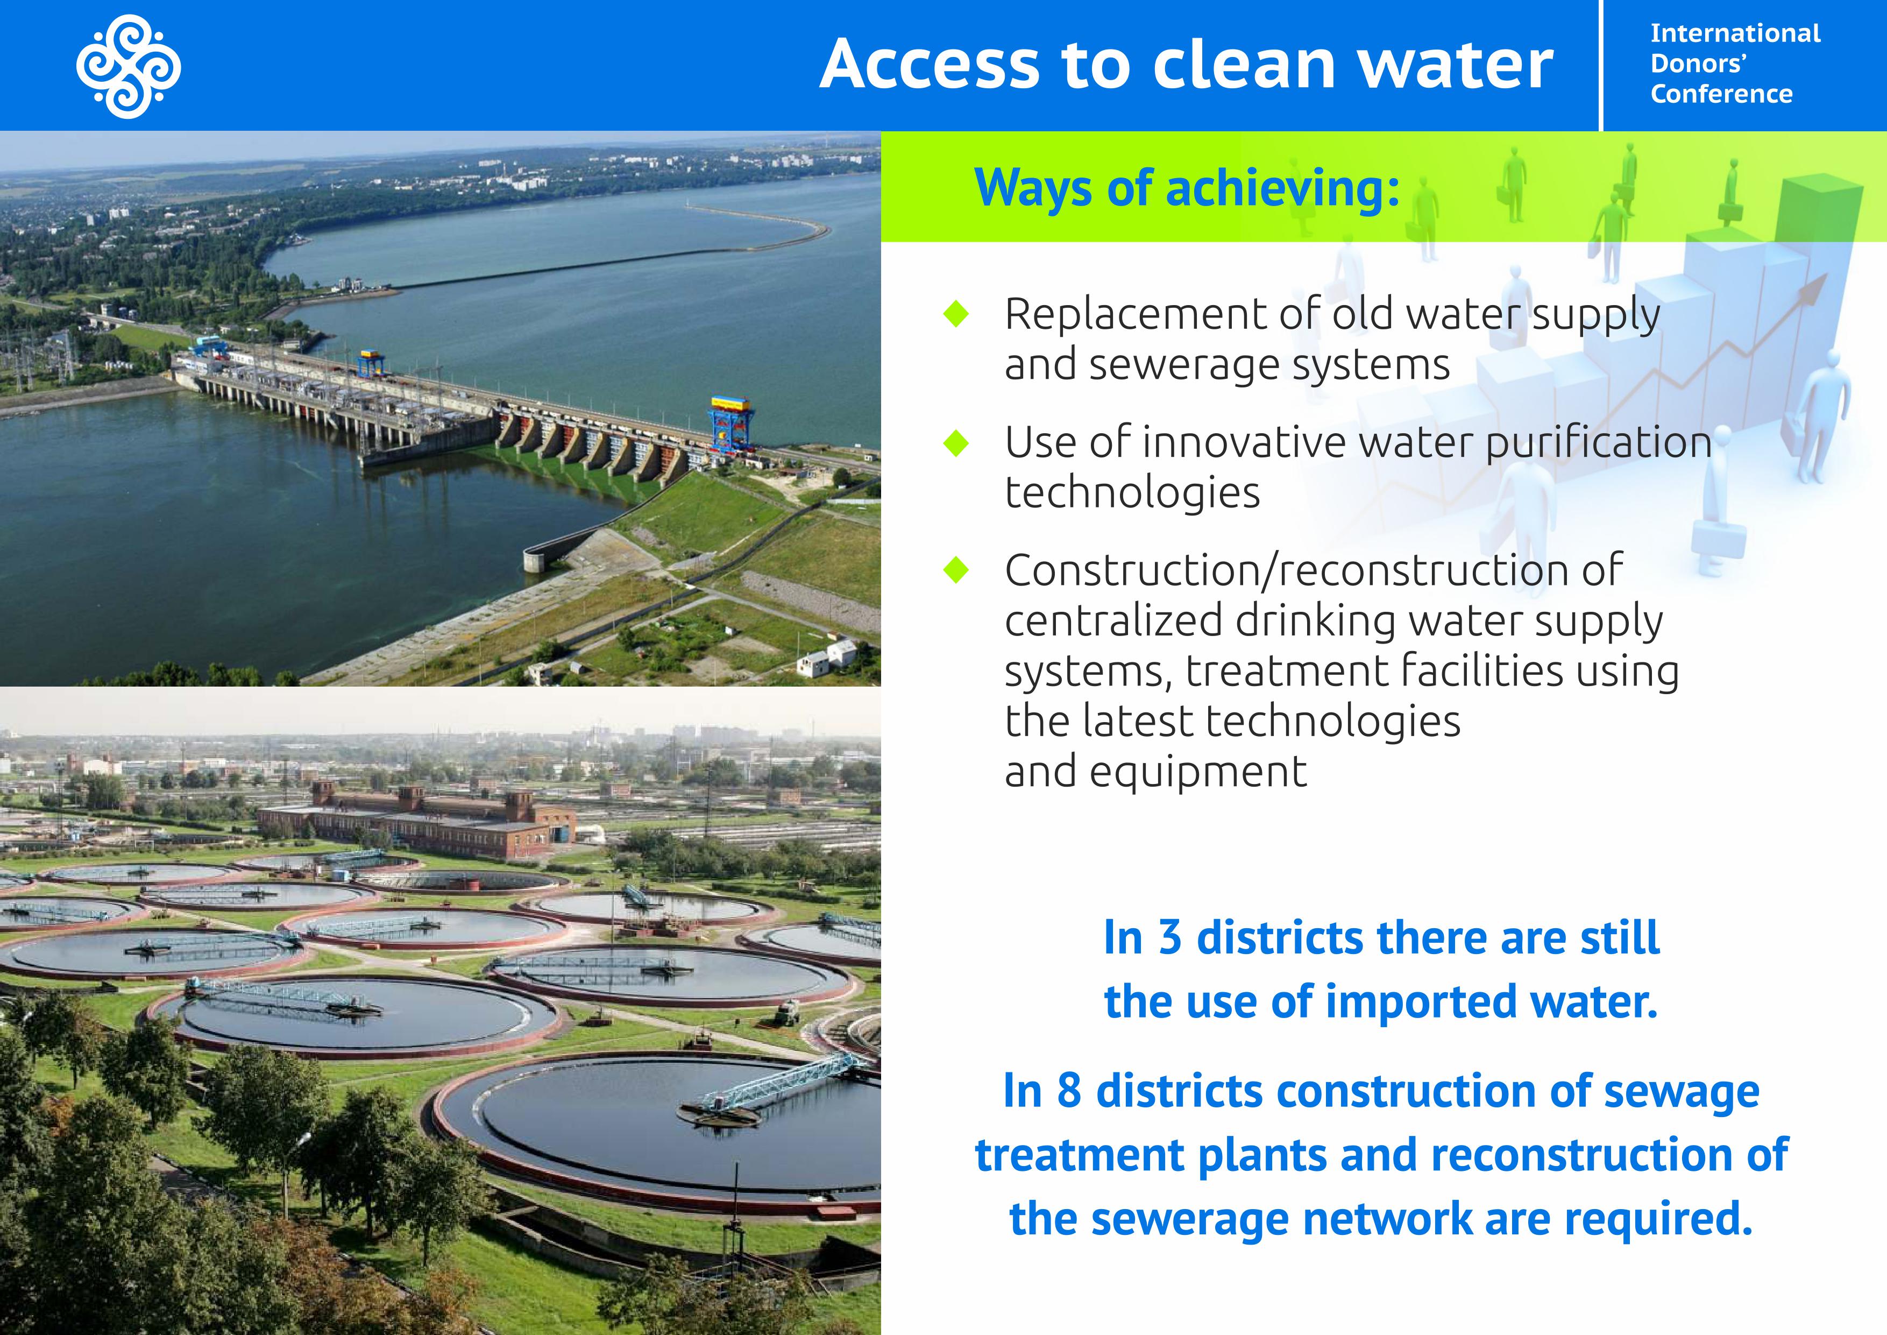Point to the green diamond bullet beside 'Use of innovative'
pos(956,442)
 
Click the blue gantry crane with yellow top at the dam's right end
pos(730,423)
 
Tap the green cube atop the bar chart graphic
pos(1819,210)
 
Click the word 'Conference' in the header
pos(1722,94)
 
